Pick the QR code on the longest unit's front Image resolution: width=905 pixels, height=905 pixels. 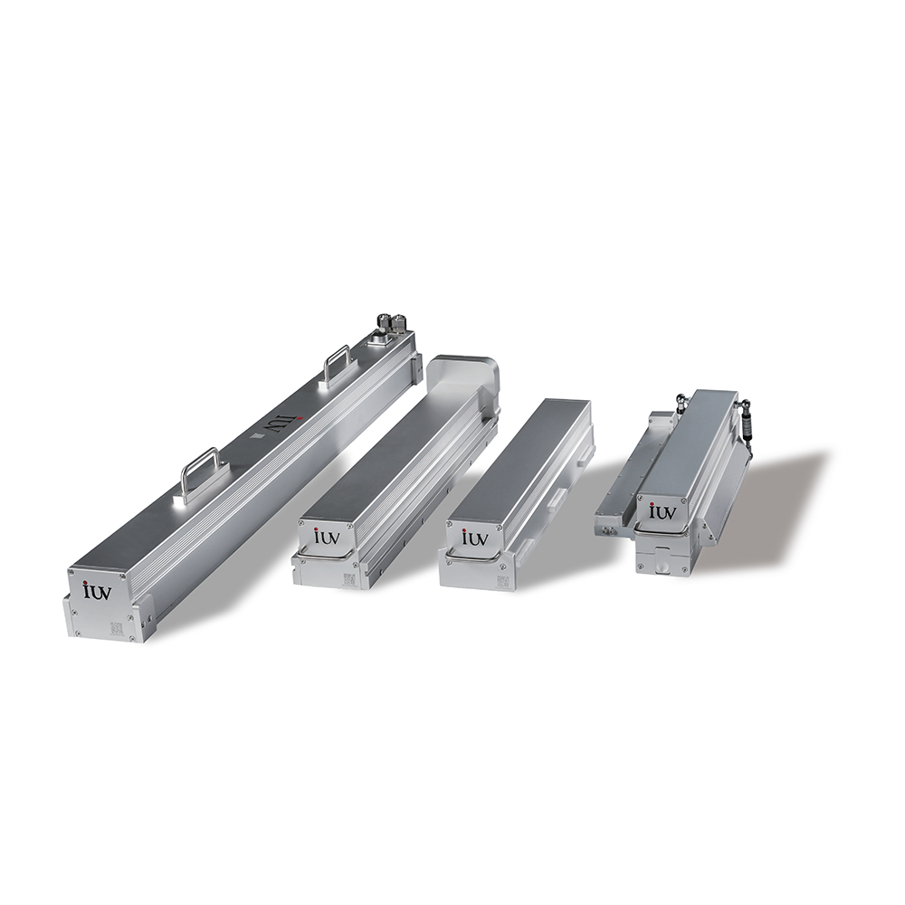coord(117,628)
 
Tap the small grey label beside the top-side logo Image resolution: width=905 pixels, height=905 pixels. coord(259,436)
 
